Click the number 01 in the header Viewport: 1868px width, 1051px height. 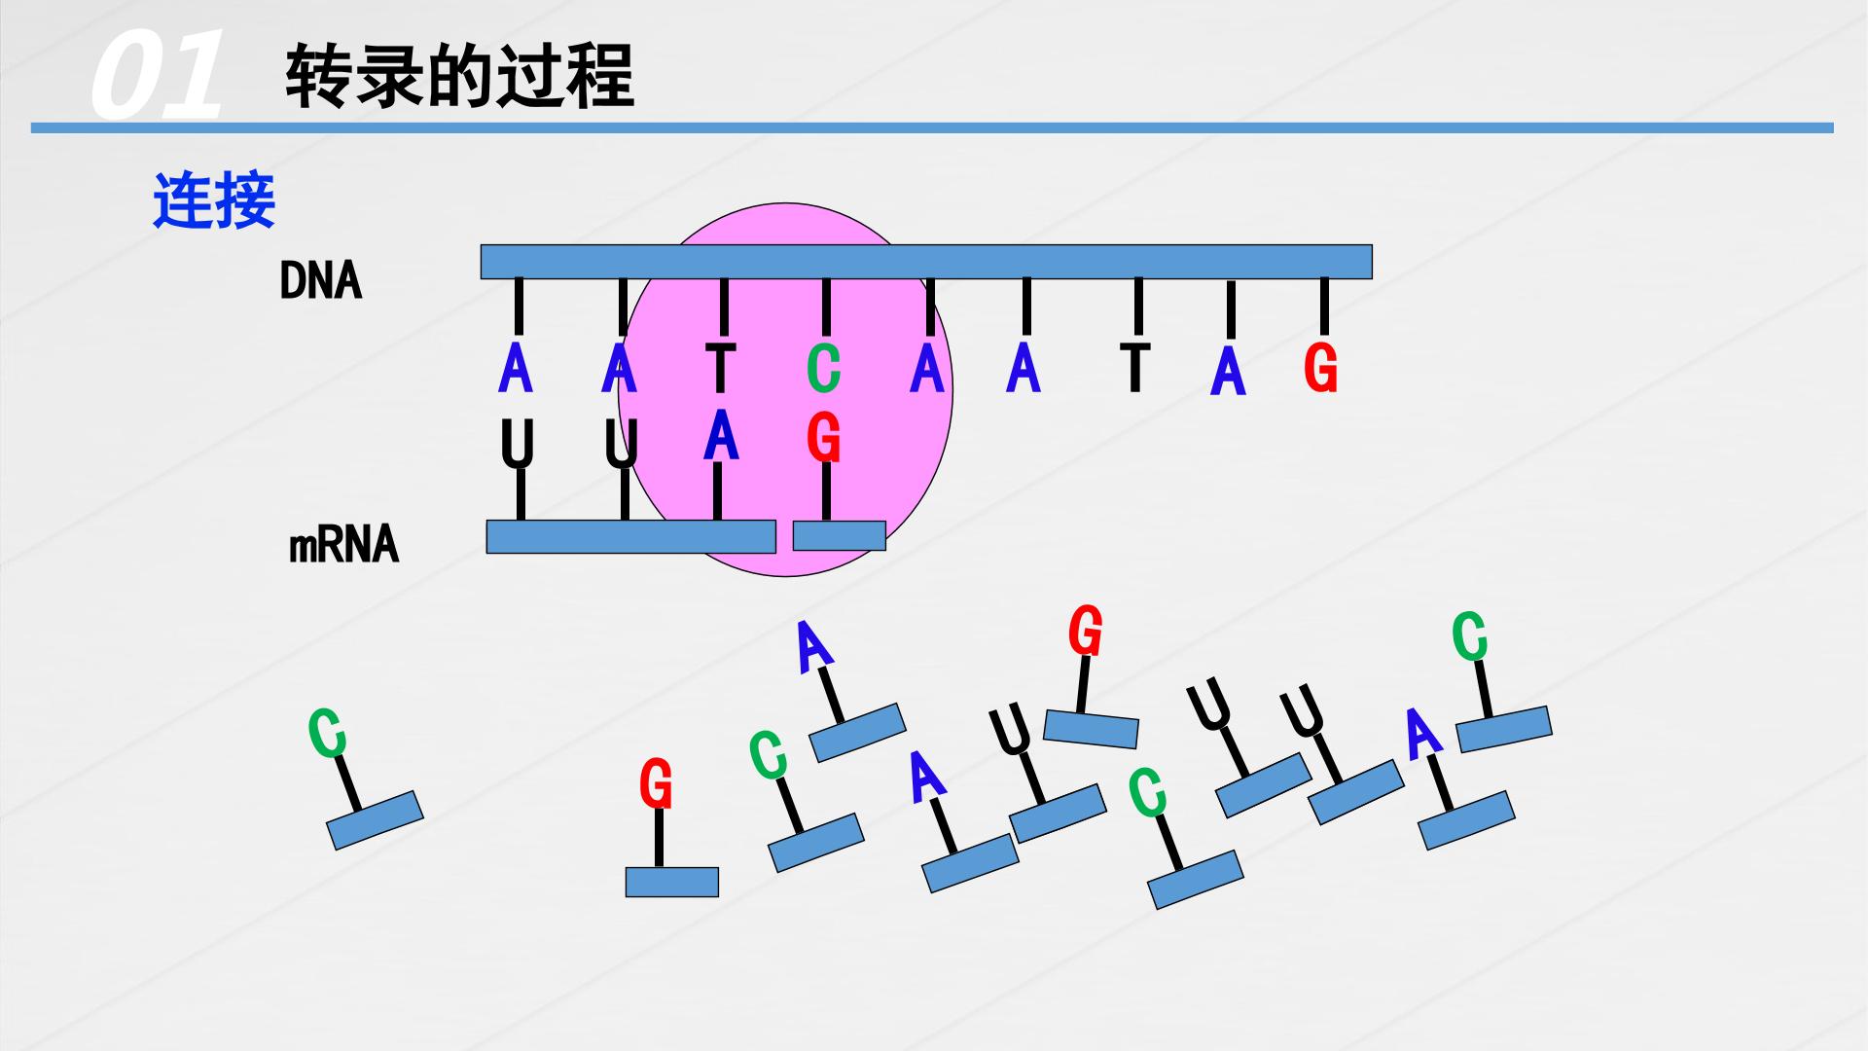[156, 75]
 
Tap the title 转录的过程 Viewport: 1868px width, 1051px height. [459, 75]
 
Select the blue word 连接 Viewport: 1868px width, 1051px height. [214, 200]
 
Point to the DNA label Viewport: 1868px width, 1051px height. [320, 281]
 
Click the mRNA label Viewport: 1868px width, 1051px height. [344, 545]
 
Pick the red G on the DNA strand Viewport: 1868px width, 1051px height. [1320, 369]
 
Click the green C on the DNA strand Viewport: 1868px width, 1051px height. [823, 369]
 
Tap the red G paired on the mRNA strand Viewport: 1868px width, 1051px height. [823, 437]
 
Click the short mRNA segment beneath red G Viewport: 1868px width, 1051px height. [839, 535]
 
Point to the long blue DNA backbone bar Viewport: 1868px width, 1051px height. [926, 262]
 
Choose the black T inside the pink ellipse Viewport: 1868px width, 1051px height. [720, 368]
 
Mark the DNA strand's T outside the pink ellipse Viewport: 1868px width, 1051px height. [1134, 368]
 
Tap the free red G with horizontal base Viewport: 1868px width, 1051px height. [656, 784]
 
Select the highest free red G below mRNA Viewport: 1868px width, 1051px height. [1085, 631]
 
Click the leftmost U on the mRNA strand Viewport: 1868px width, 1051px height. [518, 444]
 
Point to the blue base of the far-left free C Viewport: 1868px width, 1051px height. [375, 819]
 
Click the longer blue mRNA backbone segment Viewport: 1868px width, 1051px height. [630, 536]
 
